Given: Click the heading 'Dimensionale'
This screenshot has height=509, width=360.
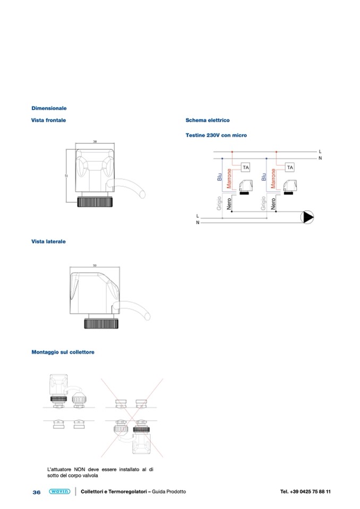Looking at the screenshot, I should [49, 108].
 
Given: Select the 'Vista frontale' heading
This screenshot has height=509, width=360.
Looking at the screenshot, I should [49, 120].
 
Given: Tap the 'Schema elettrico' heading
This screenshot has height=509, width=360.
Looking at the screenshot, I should [208, 120].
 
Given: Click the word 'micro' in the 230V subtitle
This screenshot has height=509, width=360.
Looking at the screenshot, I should [239, 135].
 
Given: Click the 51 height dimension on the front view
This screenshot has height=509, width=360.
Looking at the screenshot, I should [66, 177].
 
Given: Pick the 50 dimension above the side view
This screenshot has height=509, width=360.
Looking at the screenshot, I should [95, 265].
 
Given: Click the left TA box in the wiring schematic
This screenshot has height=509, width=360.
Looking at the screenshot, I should [245, 168].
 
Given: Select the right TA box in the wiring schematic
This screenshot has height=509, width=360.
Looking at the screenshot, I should [290, 168].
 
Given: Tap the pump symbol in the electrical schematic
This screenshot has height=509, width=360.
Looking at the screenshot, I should [308, 217].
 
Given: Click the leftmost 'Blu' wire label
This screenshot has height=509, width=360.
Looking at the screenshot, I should [219, 177].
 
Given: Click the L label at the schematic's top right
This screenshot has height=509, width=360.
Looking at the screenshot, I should [320, 152].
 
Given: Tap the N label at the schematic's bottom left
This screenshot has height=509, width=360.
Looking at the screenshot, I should [198, 223].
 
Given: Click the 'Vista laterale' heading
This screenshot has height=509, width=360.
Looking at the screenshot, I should [49, 241].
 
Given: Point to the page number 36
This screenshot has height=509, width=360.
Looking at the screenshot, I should [37, 493].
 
